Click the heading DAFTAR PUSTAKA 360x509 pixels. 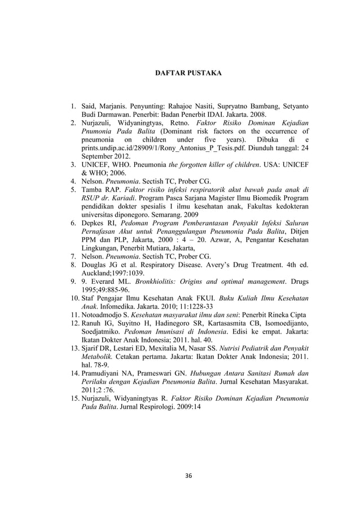click(188, 73)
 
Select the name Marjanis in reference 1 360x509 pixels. click(116, 106)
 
